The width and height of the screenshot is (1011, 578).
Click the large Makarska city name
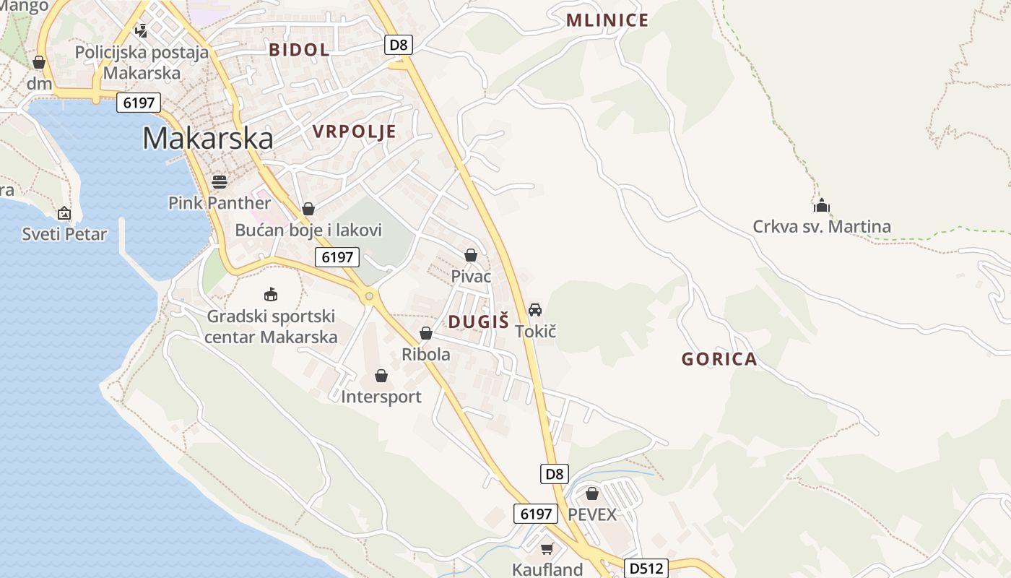[x=208, y=138]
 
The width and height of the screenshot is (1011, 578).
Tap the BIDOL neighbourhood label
[x=299, y=50]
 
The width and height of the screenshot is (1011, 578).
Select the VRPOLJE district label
[x=355, y=131]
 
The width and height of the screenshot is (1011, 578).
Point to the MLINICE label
[x=607, y=20]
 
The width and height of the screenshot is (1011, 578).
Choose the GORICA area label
[x=719, y=359]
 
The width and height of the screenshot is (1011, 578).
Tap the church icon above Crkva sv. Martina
[x=821, y=206]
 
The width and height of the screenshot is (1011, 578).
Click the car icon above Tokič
[x=535, y=310]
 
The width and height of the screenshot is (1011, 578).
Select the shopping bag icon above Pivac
[x=471, y=255]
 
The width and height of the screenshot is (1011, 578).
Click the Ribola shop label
[x=426, y=355]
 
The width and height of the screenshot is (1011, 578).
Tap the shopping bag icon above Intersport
[x=381, y=376]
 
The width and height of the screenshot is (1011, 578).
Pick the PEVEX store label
[x=593, y=514]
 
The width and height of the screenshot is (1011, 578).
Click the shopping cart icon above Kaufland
[x=547, y=549]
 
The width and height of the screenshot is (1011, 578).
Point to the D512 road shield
[x=646, y=568]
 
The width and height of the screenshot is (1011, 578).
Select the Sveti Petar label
[x=64, y=234]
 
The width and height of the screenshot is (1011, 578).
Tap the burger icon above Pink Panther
[x=220, y=181]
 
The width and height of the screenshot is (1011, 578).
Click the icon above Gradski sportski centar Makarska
[x=271, y=294]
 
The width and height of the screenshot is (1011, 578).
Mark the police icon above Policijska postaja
[x=142, y=31]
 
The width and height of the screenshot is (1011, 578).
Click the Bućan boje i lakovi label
[x=308, y=230]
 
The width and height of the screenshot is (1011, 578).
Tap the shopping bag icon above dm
[x=39, y=63]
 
